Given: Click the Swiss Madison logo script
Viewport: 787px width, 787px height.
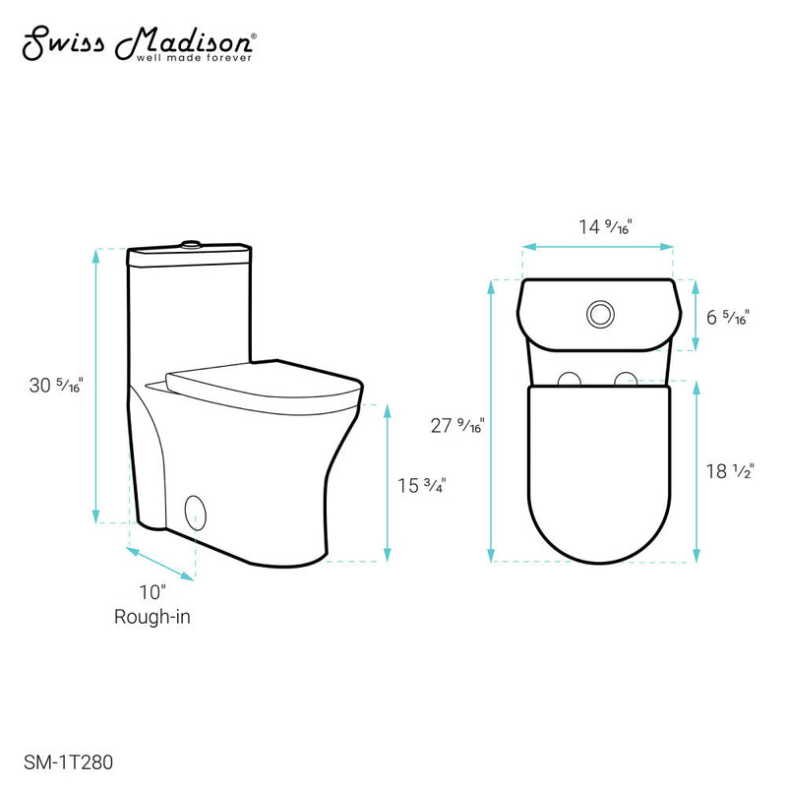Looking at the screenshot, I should [x=139, y=41].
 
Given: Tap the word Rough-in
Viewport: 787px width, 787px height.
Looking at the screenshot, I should [x=151, y=617].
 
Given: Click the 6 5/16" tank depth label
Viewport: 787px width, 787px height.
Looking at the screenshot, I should [x=728, y=317].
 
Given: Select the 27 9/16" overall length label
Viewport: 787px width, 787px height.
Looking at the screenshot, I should [x=454, y=425].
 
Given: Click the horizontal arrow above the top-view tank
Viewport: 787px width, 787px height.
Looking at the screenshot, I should [x=597, y=246].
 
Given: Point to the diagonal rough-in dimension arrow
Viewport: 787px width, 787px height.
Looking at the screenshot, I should [x=160, y=564].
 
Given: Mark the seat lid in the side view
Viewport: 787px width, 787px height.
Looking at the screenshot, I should [x=261, y=380].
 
